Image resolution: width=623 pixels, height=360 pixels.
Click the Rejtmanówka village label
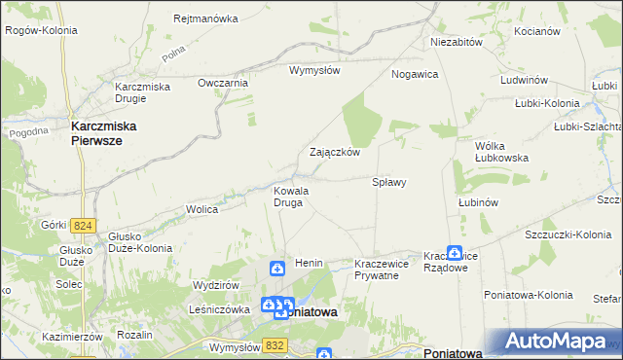coord(205,18)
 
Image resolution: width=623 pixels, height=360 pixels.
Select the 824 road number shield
coord(83,226)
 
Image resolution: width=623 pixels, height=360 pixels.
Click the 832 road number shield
coord(275,343)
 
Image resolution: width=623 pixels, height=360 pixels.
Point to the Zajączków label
coord(335,153)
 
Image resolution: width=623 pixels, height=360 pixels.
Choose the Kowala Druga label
coord(291,197)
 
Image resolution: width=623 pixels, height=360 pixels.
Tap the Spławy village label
coord(389,182)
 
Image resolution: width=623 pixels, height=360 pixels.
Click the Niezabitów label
coord(458,43)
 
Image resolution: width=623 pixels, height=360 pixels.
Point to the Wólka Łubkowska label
coord(501,151)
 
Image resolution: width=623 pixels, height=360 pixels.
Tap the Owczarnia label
coord(223,83)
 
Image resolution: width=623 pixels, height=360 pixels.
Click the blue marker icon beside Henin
coord(276,268)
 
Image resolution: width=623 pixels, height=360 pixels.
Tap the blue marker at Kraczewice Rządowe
coord(454,252)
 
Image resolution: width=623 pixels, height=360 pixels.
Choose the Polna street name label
coord(173,57)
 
